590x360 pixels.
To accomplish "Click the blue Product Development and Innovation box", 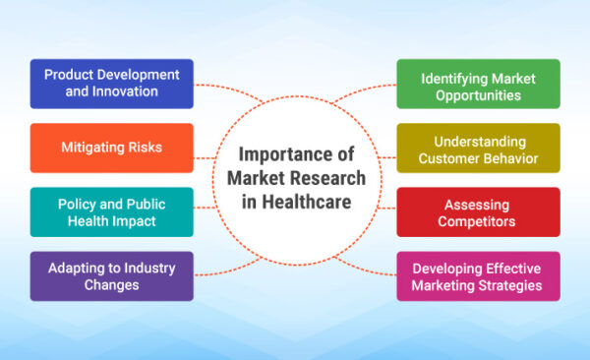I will [x=111, y=84].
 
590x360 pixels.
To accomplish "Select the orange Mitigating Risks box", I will [x=111, y=148].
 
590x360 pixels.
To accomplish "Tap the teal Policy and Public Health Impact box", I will [x=111, y=211].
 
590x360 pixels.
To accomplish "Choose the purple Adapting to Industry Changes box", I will [x=111, y=276].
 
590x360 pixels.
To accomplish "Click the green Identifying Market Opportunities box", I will [x=478, y=84].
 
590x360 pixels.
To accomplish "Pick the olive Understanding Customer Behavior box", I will [x=478, y=148].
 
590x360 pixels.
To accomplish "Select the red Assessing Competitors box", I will [x=478, y=211].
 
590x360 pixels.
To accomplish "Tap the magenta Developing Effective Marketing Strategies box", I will [x=478, y=276].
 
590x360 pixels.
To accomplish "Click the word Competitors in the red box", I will [x=478, y=220].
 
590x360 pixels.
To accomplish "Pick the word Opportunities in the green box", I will [x=478, y=95].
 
